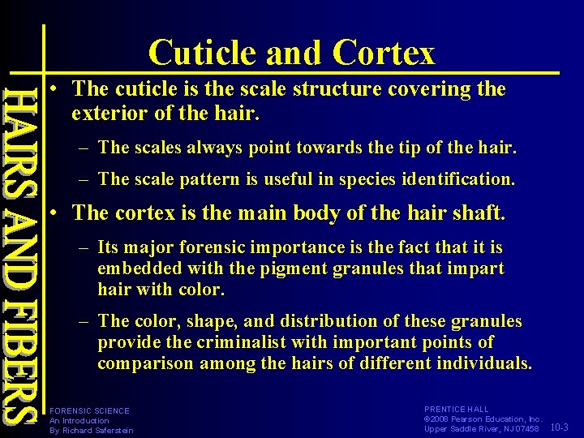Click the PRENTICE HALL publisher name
coord(457,410)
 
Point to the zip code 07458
coord(522,429)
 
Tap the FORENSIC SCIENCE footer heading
coord(89,410)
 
